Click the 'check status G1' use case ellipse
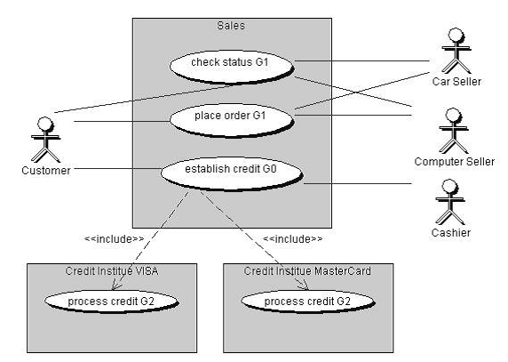(x=232, y=67)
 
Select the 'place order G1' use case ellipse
(x=232, y=120)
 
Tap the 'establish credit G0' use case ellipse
(x=232, y=173)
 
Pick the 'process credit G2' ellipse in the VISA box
(x=111, y=302)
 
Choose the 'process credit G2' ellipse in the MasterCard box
(x=308, y=302)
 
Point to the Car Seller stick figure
(x=456, y=51)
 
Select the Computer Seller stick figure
(x=454, y=131)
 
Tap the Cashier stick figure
(x=450, y=202)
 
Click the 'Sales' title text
(x=231, y=26)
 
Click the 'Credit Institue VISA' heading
(x=112, y=271)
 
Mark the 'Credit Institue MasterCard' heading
(x=307, y=271)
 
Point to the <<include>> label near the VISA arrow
(x=114, y=239)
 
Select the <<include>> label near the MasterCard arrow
(x=292, y=239)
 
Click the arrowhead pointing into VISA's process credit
(x=115, y=286)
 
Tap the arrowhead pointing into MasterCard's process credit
(x=305, y=286)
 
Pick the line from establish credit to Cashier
(x=358, y=183)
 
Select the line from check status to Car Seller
(x=362, y=60)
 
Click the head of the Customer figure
(x=45, y=125)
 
